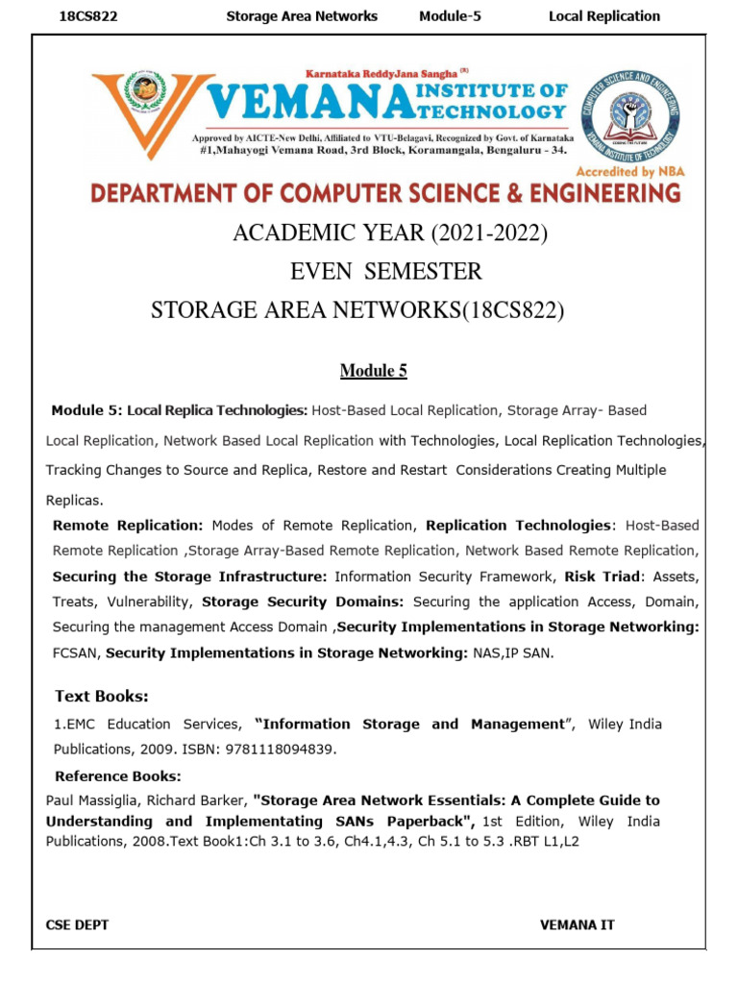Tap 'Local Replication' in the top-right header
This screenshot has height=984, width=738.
pyautogui.click(x=603, y=15)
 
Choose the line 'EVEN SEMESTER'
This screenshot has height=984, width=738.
pyautogui.click(x=385, y=272)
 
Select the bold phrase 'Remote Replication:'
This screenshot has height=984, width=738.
pyautogui.click(x=128, y=526)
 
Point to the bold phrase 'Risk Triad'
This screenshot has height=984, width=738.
pyautogui.click(x=601, y=576)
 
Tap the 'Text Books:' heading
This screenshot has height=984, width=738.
pyautogui.click(x=102, y=696)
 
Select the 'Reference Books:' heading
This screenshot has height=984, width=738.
pyautogui.click(x=117, y=775)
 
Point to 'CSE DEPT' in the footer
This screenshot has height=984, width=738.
pyautogui.click(x=77, y=924)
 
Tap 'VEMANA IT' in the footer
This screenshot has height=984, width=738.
pyautogui.click(x=578, y=924)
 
